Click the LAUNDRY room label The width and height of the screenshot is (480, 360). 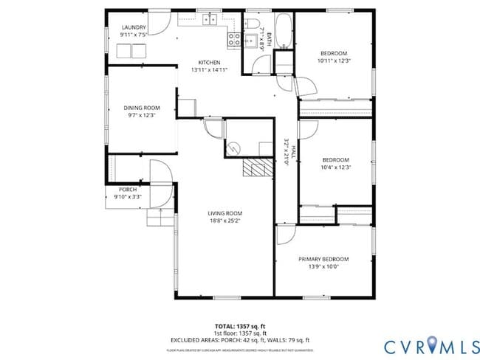(134, 27)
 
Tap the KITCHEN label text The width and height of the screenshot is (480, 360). (209, 62)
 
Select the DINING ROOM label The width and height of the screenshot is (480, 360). (141, 108)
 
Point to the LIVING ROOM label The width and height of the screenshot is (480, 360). (224, 213)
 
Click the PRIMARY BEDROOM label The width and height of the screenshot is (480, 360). (323, 259)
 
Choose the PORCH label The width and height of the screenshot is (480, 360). (128, 190)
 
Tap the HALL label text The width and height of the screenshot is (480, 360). (292, 153)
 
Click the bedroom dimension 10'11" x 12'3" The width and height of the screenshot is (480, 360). (335, 60)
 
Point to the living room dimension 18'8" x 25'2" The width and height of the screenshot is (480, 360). (224, 221)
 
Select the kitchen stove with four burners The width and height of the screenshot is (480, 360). (234, 40)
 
